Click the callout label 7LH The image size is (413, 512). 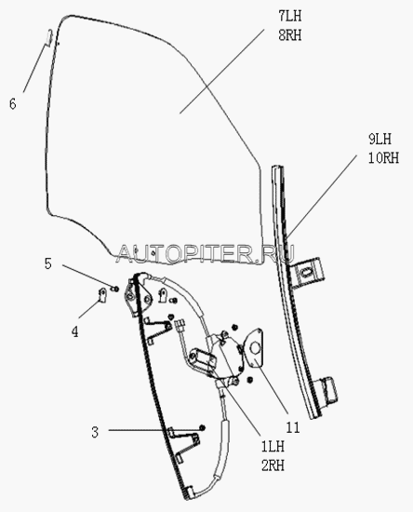pyautogui.click(x=289, y=16)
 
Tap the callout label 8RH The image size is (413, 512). pyautogui.click(x=289, y=35)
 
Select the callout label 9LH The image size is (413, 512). pyautogui.click(x=380, y=139)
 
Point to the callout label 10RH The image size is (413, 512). pyautogui.click(x=383, y=158)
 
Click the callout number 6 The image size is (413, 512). pyautogui.click(x=13, y=104)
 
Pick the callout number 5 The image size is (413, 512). pyautogui.click(x=48, y=263)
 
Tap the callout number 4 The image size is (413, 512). pyautogui.click(x=75, y=331)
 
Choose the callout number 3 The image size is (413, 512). pyautogui.click(x=95, y=432)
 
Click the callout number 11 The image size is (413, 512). pyautogui.click(x=293, y=427)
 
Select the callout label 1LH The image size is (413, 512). pyautogui.click(x=273, y=446)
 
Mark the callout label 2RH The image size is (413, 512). pyautogui.click(x=273, y=465)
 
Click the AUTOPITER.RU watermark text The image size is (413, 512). pyautogui.click(x=206, y=254)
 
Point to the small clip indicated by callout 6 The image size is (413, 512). pyautogui.click(x=48, y=37)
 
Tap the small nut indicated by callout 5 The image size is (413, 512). pyautogui.click(x=115, y=289)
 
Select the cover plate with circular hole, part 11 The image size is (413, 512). pyautogui.click(x=256, y=347)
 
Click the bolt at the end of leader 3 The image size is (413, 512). pyautogui.click(x=202, y=427)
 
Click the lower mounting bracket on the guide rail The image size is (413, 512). pyautogui.click(x=326, y=392)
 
